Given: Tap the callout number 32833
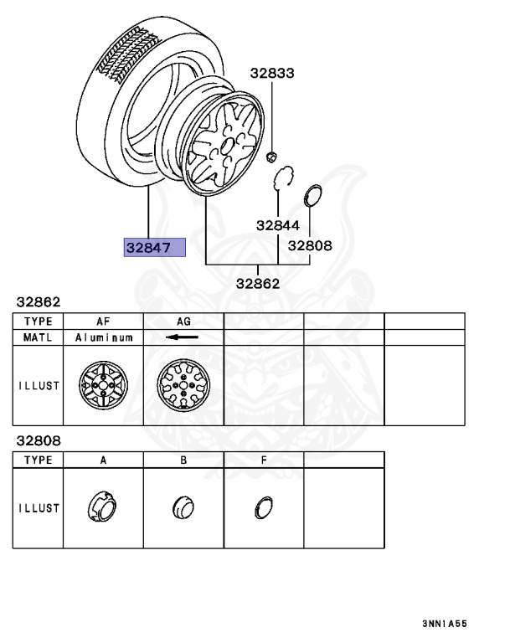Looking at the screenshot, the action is pos(272,73).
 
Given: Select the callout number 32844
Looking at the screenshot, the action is pos(278,225).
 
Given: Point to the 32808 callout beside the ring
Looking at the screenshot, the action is pos(310,245).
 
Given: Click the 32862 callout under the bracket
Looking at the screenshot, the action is pos(258,283).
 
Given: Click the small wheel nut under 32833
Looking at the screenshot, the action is pos(271,157).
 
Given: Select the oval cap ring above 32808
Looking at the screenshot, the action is pos(312,195).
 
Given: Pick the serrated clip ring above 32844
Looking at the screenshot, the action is pos(284,178).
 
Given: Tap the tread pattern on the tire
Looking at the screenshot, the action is pos(127,54).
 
